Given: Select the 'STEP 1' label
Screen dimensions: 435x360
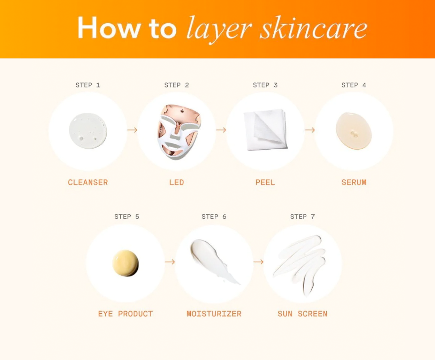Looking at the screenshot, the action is (x=88, y=85).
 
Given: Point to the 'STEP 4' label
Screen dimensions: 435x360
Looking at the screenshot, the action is (x=354, y=85).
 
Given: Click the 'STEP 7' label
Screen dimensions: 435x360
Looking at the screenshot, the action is (x=303, y=217).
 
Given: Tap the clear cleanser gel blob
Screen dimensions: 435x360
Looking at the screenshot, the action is (x=88, y=131).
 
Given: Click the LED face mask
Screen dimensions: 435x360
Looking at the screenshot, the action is (x=179, y=132).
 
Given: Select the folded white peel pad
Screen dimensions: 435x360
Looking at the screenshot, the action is (x=266, y=130).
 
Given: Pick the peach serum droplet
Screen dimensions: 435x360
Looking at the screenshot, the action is (x=354, y=131).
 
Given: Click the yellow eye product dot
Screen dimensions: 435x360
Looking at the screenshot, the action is (x=125, y=263).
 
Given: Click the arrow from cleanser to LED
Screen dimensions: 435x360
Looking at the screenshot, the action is (x=132, y=130).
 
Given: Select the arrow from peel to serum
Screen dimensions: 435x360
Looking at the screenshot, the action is (x=310, y=130).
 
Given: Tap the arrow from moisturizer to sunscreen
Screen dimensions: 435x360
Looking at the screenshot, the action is (x=259, y=262).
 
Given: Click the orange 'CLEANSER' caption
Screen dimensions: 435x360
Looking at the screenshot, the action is (x=88, y=182).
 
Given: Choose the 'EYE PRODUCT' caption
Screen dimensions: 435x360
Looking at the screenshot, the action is (x=125, y=314).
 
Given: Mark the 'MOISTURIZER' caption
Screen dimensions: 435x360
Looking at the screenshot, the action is (x=214, y=314).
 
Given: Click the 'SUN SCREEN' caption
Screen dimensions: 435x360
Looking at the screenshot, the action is (x=303, y=314).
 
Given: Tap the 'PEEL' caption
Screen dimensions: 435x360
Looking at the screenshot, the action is (x=265, y=182).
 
